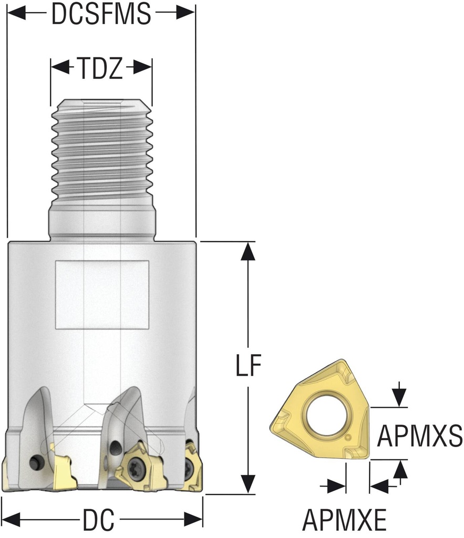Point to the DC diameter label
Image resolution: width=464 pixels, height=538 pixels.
(98, 520)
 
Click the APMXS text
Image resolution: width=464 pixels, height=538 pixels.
(420, 436)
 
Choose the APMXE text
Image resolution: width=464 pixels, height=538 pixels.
(344, 521)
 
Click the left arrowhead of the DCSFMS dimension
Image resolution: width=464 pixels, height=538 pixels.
(16, 14)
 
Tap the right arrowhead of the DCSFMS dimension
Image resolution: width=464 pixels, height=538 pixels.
(186, 14)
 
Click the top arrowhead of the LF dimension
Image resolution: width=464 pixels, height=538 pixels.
(249, 252)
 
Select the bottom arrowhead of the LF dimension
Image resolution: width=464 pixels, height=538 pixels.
(249, 484)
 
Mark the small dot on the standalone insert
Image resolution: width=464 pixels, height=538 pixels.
(347, 437)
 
